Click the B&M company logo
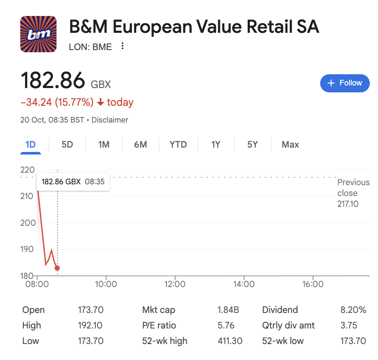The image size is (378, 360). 38,34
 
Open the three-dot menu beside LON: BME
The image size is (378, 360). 123,46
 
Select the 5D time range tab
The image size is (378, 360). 67,145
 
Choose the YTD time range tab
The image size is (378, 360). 178,145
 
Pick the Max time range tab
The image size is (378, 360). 290,145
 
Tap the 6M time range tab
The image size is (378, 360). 140,145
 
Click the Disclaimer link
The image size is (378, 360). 110,120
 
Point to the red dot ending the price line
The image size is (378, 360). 57,268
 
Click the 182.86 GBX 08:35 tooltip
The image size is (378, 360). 73,182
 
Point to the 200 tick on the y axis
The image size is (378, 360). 27,223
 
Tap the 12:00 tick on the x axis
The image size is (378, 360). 175,284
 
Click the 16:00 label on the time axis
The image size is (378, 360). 313,284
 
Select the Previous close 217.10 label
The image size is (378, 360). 353,193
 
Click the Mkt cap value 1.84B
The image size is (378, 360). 228,310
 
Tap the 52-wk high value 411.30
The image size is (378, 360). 230,341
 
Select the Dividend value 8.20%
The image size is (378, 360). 353,310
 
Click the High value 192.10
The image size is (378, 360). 91,325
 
